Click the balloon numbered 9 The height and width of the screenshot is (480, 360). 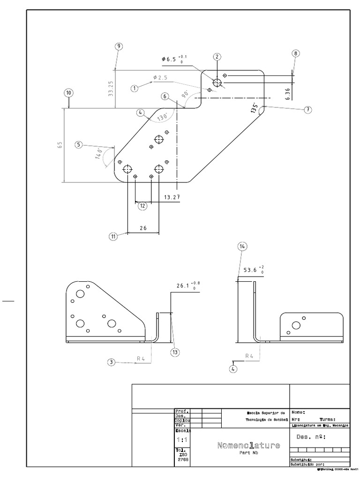click(x=119, y=46)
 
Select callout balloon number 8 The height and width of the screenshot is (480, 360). click(x=295, y=53)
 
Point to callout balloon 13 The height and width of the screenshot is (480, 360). click(x=176, y=352)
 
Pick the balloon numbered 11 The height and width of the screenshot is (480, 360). click(x=113, y=237)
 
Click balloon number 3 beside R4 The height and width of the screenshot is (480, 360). click(x=111, y=362)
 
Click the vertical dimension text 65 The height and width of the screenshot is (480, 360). click(x=60, y=145)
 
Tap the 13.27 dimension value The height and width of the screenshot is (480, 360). click(x=172, y=197)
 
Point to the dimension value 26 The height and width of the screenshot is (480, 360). click(x=143, y=228)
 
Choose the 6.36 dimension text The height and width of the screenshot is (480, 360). click(x=287, y=92)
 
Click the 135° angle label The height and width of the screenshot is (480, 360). click(x=255, y=109)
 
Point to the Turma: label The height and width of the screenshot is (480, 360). click(x=327, y=420)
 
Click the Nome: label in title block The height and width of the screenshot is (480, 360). click(x=298, y=412)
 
